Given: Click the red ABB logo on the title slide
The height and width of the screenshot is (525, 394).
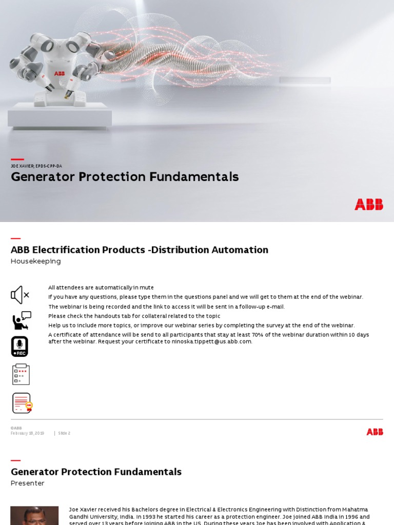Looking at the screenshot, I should tap(368, 205).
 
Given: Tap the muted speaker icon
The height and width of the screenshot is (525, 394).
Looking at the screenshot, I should tap(20, 295).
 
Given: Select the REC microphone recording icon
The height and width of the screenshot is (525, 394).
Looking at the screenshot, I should tap(20, 347).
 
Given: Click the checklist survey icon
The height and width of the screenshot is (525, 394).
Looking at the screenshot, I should tap(21, 374).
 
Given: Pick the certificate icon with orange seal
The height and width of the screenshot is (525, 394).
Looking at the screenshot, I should tap(22, 403).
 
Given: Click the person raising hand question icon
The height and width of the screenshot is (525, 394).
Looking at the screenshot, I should tap(22, 320).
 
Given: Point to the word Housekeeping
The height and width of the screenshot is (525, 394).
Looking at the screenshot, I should tap(36, 261).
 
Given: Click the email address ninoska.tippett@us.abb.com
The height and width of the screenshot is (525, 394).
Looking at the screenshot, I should tap(211, 341).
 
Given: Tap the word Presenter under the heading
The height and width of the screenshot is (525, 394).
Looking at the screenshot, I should tap(28, 483).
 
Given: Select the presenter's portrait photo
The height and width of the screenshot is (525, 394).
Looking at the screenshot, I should tap(34, 515).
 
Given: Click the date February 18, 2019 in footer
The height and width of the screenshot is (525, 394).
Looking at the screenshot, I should tap(27, 433).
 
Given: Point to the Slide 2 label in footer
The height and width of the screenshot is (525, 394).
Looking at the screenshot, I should tap(64, 433).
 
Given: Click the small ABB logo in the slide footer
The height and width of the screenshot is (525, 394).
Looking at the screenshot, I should tap(375, 432).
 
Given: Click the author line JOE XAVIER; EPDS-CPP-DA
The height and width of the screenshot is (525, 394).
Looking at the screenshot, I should tap(36, 166).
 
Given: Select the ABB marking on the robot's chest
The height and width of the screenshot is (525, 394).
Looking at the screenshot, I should tap(60, 74).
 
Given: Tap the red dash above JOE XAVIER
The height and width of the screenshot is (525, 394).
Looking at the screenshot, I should tap(17, 159).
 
